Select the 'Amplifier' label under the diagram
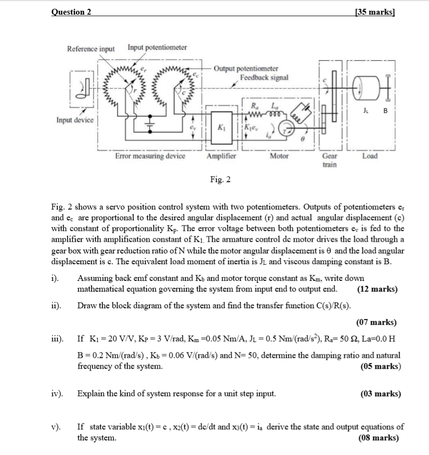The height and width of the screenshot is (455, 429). click(x=221, y=156)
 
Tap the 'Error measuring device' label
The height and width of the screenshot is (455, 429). click(x=150, y=156)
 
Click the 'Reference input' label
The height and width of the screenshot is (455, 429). click(x=91, y=49)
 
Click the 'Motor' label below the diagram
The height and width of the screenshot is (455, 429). click(x=279, y=156)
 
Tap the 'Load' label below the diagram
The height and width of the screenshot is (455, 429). click(x=370, y=156)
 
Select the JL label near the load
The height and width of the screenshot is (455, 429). click(x=365, y=111)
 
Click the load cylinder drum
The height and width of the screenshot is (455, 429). click(x=367, y=88)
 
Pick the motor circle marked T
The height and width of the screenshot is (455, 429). click(x=286, y=128)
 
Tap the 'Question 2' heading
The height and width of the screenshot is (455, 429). click(x=71, y=12)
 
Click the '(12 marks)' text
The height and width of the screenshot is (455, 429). click(x=377, y=289)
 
